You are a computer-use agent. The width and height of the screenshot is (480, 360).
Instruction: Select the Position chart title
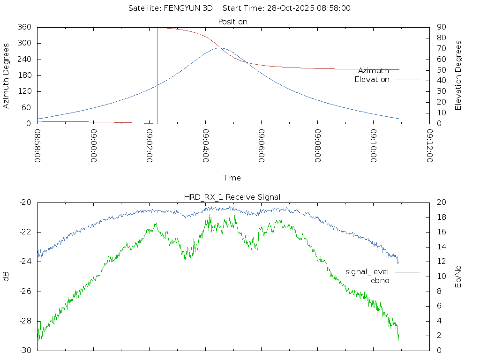pyautogui.click(x=233, y=22)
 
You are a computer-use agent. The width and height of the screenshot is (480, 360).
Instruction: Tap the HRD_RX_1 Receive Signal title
pyautogui.click(x=233, y=197)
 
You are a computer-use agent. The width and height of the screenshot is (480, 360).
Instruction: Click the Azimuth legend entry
pyautogui.click(x=374, y=71)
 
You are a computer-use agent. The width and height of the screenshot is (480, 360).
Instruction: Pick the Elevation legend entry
pyautogui.click(x=372, y=80)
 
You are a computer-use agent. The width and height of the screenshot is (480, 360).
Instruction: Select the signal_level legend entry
pyautogui.click(x=367, y=272)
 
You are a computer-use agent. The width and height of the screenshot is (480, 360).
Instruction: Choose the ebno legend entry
pyautogui.click(x=380, y=280)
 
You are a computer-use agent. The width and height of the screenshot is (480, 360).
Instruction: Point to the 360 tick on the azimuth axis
pyautogui.click(x=24, y=27)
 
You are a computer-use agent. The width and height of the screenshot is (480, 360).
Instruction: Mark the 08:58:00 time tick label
pyautogui.click(x=37, y=145)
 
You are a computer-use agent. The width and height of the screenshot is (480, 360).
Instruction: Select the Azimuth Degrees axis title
pyautogui.click(x=7, y=75)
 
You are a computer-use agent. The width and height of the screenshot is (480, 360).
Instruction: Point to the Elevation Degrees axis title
pyautogui.click(x=459, y=75)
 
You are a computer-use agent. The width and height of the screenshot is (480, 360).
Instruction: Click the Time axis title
pyautogui.click(x=232, y=178)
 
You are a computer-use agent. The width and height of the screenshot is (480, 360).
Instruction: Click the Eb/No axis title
pyautogui.click(x=459, y=276)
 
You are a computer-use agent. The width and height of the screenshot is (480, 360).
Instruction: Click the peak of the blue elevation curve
pyautogui.click(x=220, y=48)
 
